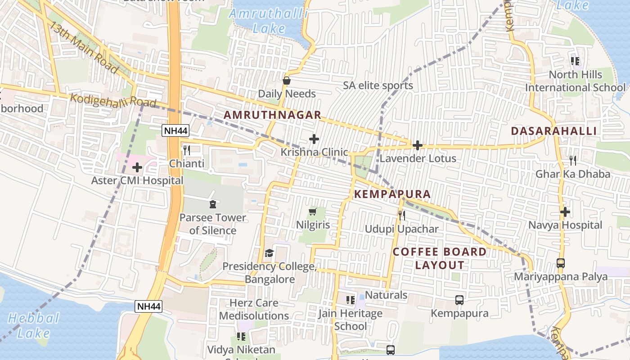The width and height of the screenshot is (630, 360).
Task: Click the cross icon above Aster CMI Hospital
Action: pyautogui.click(x=137, y=168)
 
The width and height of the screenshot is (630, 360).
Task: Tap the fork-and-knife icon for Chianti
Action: pyautogui.click(x=187, y=150)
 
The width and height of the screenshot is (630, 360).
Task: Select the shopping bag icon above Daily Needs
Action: pyautogui.click(x=287, y=81)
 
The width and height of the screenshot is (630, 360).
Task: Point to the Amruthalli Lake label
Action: pyautogui.click(x=268, y=21)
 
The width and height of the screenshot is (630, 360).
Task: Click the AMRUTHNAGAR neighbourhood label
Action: pyautogui.click(x=273, y=115)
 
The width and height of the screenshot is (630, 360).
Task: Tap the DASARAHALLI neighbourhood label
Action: pyautogui.click(x=554, y=131)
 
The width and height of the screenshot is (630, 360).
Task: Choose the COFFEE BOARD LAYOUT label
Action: pyautogui.click(x=440, y=258)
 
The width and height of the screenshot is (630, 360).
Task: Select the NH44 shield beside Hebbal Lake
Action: pyautogui.click(x=148, y=306)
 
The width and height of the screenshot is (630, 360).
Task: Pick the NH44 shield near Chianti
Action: pyautogui.click(x=176, y=131)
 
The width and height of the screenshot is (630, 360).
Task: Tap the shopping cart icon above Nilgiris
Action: pyautogui.click(x=313, y=211)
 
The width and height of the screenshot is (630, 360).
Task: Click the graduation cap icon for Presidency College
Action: pyautogui.click(x=269, y=253)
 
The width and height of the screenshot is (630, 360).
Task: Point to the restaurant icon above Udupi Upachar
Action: pyautogui.click(x=401, y=216)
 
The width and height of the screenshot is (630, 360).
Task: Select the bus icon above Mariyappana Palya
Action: pyautogui.click(x=561, y=263)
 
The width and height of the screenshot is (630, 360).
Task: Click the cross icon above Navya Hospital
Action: pyautogui.click(x=565, y=211)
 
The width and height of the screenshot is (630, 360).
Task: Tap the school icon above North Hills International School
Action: pyautogui.click(x=575, y=61)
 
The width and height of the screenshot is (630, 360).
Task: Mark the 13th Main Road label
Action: pyautogui.click(x=84, y=47)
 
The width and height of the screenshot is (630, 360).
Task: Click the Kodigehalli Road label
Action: pyautogui.click(x=113, y=100)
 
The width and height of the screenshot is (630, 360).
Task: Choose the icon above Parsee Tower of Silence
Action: pyautogui.click(x=212, y=204)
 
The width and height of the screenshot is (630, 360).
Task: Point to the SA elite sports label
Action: pyautogui.click(x=378, y=85)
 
